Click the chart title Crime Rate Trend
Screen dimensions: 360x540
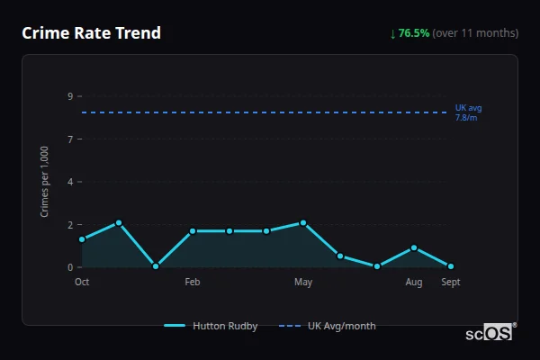click(x=92, y=33)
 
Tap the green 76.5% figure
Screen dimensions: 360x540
click(x=414, y=33)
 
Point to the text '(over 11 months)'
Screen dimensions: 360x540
click(x=475, y=33)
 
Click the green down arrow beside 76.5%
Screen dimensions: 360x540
click(x=392, y=33)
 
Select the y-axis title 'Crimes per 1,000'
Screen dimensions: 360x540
click(x=45, y=181)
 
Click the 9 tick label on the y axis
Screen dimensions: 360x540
click(x=69, y=96)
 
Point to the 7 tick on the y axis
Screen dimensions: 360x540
click(x=69, y=139)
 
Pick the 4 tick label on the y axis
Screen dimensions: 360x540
click(x=69, y=182)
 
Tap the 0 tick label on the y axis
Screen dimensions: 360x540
click(x=69, y=267)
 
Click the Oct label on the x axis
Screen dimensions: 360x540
click(x=82, y=282)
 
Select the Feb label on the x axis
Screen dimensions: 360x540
click(x=193, y=282)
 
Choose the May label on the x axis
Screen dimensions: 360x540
click(x=303, y=282)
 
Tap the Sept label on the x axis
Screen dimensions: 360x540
click(x=451, y=282)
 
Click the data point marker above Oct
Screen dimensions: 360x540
click(x=82, y=239)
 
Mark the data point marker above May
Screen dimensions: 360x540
click(x=303, y=222)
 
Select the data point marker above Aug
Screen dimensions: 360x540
click(x=414, y=247)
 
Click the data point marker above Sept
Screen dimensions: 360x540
click(x=451, y=266)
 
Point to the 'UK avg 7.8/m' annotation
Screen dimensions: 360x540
click(x=468, y=112)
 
